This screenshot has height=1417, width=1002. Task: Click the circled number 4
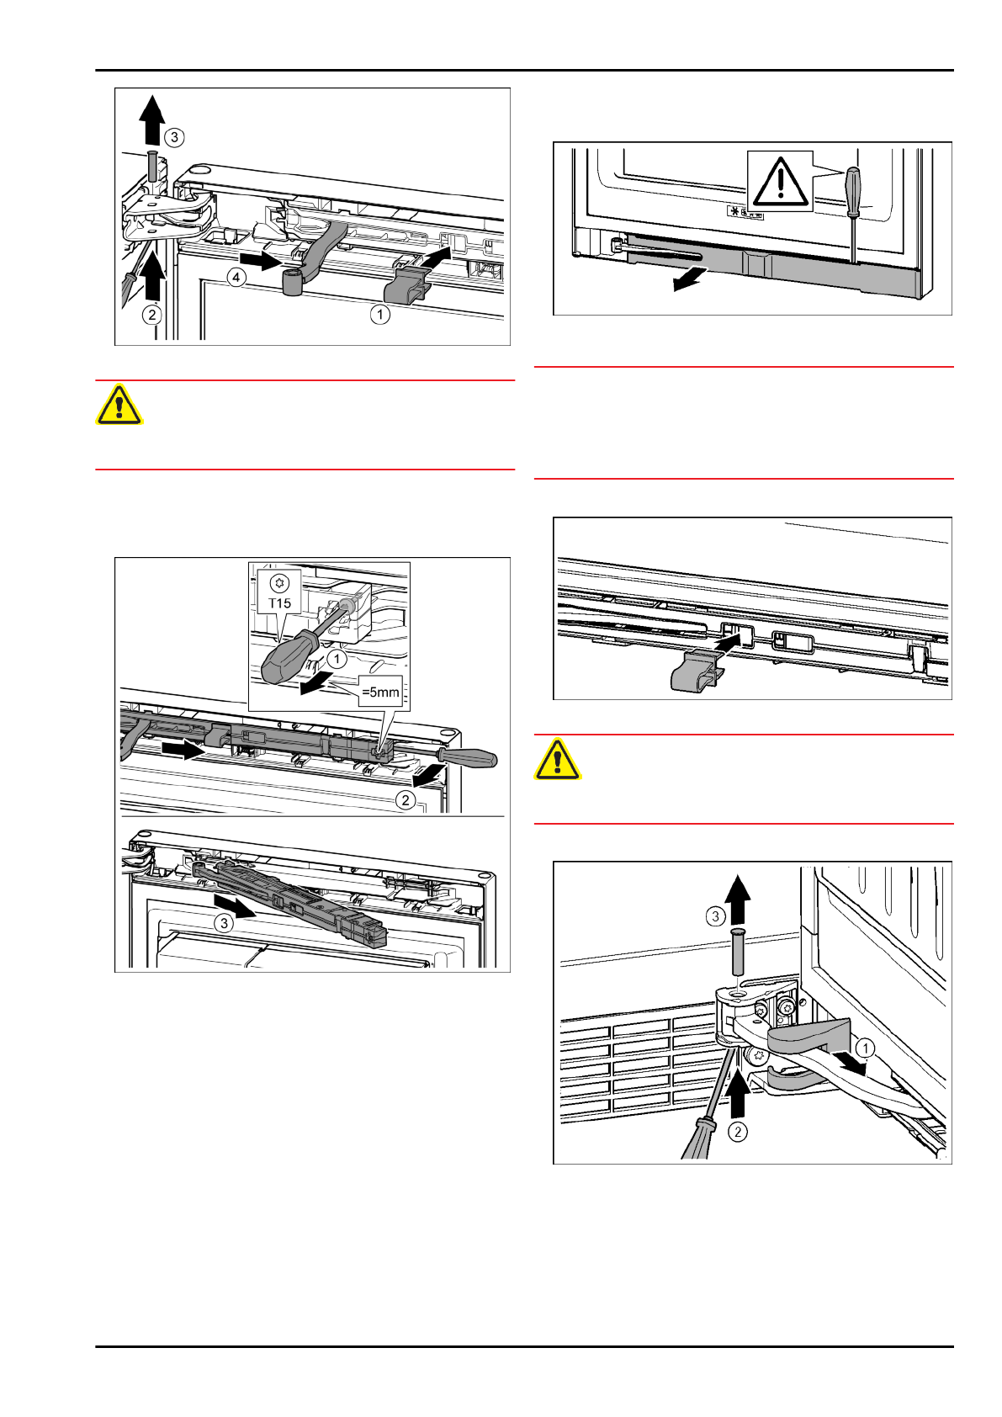coord(236,277)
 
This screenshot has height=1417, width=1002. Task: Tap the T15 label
coord(279,602)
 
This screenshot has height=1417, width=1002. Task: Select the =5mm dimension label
coord(380,692)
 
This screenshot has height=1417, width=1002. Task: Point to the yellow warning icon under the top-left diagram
coord(119,404)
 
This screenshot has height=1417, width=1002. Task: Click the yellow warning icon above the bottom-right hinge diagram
coord(557,759)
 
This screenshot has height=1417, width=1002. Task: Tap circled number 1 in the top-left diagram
coord(379,314)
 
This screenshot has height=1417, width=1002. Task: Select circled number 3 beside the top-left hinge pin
coord(175,137)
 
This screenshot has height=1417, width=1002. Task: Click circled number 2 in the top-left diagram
coord(151,315)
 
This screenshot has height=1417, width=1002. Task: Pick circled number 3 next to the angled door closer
coord(224,924)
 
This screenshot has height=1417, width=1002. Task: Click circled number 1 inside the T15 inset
coord(337,659)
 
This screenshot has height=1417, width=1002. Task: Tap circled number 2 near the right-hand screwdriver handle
coord(406,800)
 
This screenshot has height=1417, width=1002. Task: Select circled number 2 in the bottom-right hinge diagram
coord(738,1132)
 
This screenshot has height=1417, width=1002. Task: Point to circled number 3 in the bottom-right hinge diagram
coord(715,916)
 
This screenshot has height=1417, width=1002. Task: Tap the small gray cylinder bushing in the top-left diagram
coord(293,282)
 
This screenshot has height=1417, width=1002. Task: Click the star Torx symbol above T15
coord(279,582)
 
